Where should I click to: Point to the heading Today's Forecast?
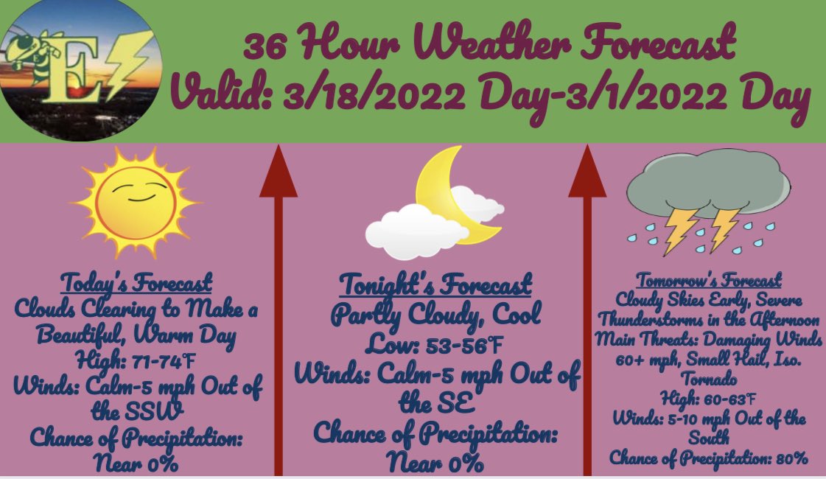tap(136, 283)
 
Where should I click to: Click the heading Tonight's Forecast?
tap(435, 284)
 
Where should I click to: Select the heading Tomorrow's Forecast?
tap(708, 281)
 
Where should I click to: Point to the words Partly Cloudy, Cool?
tap(435, 315)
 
